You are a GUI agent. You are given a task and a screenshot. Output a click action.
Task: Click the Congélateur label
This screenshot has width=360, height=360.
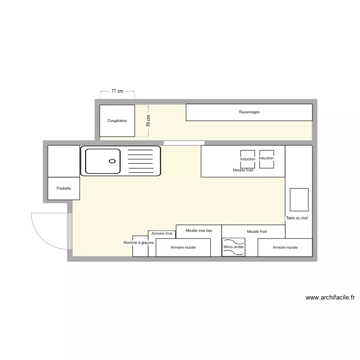click(117, 121)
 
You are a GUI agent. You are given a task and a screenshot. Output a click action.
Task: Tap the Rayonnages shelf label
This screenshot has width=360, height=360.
click(249, 112)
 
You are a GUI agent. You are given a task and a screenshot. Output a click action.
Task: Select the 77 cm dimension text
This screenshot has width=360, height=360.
click(117, 91)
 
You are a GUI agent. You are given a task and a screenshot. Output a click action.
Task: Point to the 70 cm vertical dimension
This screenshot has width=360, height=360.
click(148, 121)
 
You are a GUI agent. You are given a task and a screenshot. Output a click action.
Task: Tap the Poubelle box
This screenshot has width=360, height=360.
click(63, 188)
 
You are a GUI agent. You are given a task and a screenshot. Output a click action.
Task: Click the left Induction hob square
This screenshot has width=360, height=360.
click(248, 159)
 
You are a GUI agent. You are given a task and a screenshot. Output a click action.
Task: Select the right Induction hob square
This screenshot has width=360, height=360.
click(266, 158)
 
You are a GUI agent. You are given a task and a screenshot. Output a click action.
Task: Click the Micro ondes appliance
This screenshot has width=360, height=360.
click(233, 247)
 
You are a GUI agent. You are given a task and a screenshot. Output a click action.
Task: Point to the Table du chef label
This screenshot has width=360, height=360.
click(297, 218)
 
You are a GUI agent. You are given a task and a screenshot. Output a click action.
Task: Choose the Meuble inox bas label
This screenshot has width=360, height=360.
click(199, 231)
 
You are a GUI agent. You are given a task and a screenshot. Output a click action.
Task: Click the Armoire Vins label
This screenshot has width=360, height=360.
click(161, 234)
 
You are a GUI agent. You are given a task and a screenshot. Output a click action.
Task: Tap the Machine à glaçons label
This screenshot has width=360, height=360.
click(139, 243)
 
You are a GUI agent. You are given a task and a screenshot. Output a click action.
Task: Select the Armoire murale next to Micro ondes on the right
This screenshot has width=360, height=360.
click(285, 248)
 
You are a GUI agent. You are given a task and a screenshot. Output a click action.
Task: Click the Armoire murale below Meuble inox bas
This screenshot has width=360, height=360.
click(183, 248)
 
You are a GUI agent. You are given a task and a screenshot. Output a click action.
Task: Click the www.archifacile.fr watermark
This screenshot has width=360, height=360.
click(331, 298)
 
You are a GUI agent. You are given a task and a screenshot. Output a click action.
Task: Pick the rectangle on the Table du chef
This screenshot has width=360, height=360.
click(299, 199)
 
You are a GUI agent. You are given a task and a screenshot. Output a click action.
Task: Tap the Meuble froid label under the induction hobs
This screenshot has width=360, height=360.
click(243, 170)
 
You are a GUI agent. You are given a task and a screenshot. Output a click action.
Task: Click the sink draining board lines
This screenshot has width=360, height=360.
click(140, 161)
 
